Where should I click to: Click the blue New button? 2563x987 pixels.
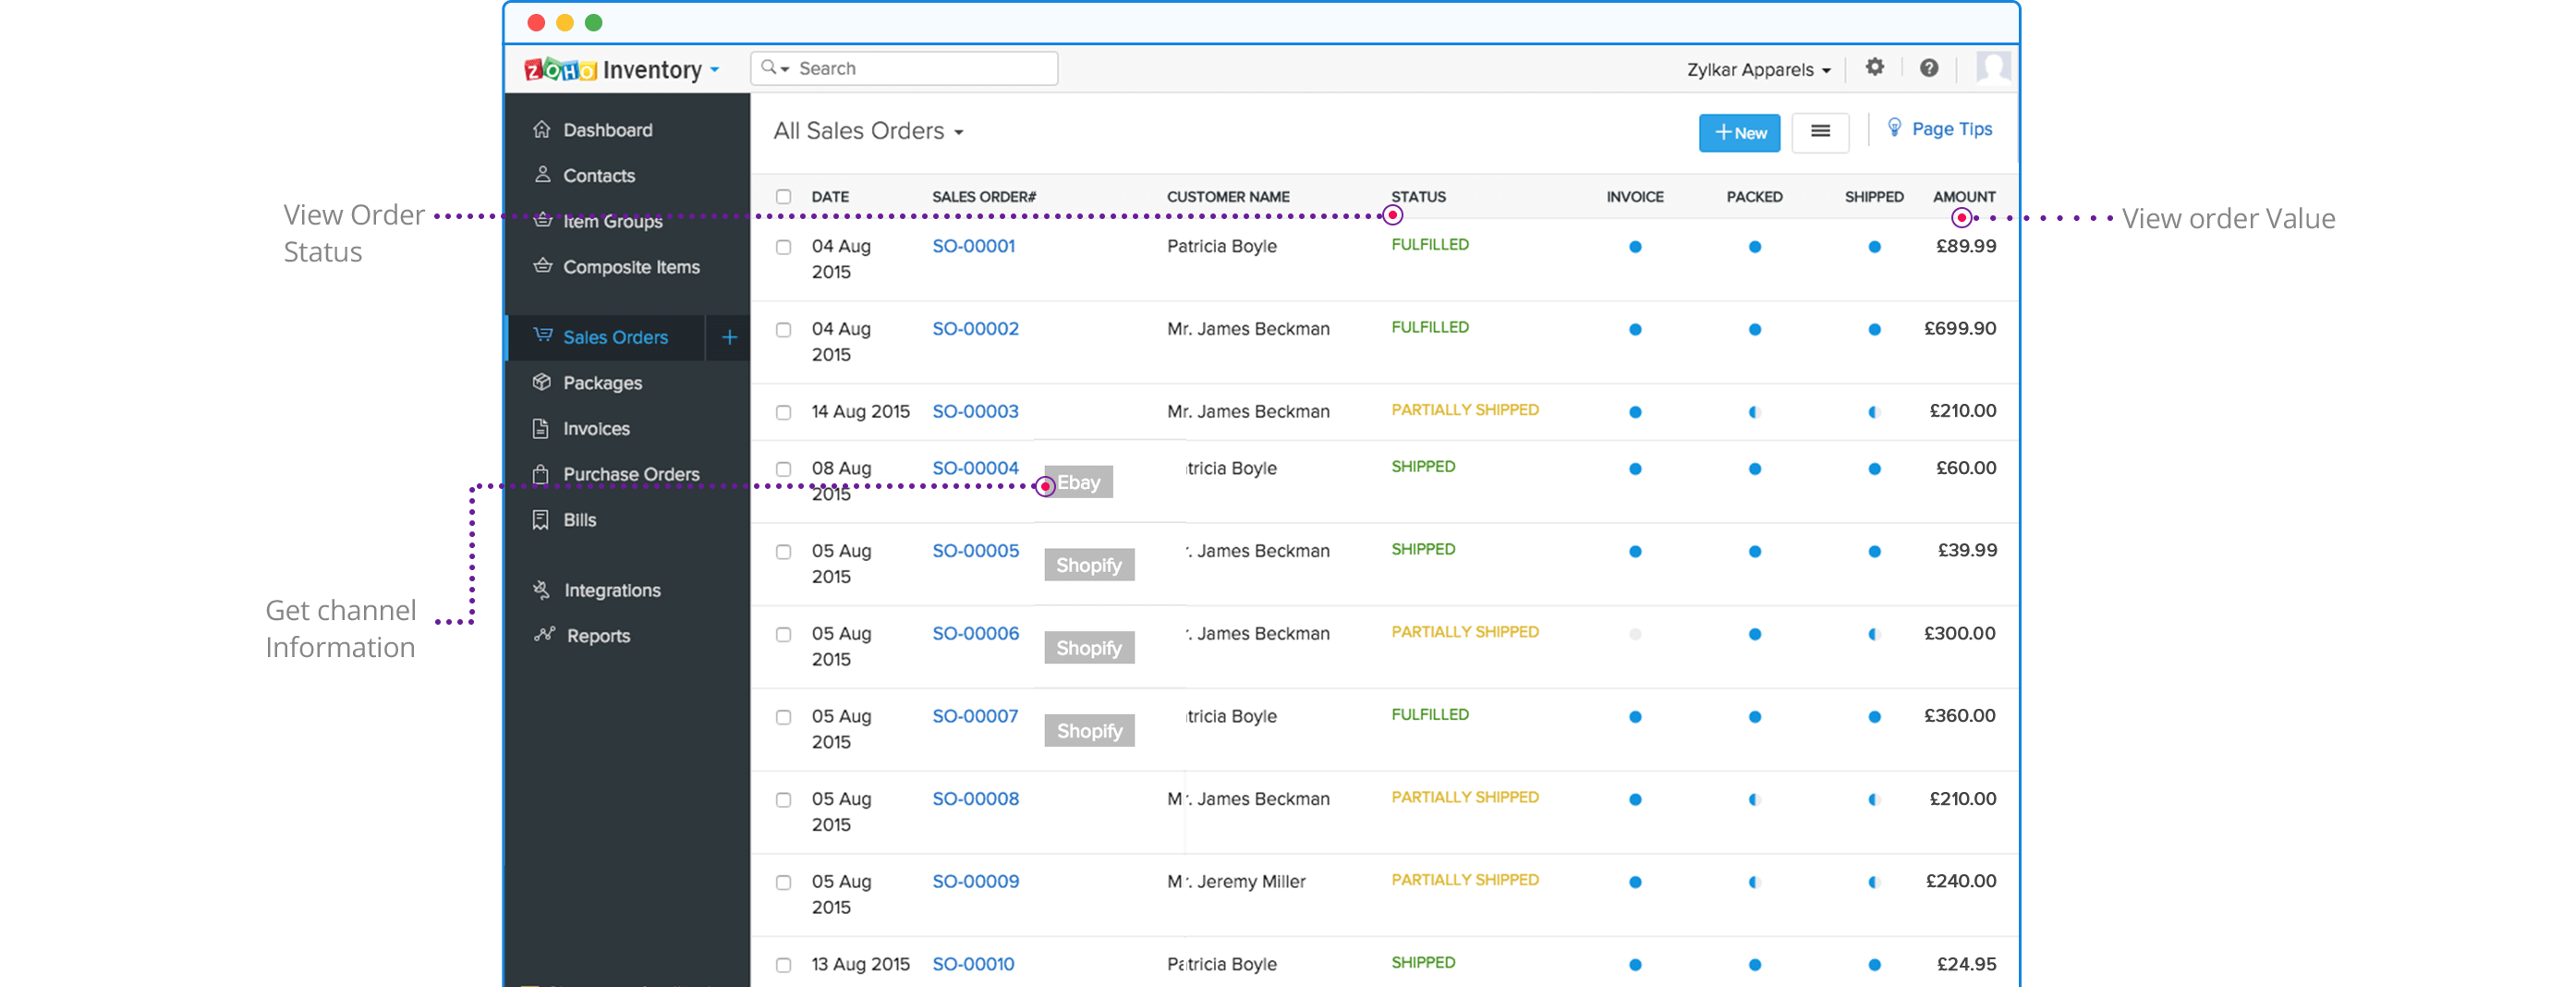(x=1738, y=132)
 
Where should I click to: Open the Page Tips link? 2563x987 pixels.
(x=1950, y=129)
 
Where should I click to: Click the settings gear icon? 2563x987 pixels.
(x=1875, y=67)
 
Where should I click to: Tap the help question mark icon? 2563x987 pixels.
(x=1928, y=67)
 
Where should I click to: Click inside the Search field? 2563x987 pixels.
(x=916, y=68)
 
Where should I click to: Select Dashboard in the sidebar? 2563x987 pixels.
(x=607, y=130)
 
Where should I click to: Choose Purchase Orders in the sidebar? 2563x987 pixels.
(x=631, y=475)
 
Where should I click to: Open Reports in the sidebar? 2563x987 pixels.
(x=598, y=636)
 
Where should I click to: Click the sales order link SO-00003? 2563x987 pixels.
(x=975, y=412)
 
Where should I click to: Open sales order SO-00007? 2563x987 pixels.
(x=975, y=716)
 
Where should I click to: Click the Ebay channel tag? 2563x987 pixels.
(x=1078, y=482)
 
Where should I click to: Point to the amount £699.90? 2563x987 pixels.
(x=1959, y=328)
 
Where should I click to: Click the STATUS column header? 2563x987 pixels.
(x=1418, y=197)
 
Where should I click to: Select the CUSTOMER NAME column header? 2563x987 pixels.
(x=1228, y=197)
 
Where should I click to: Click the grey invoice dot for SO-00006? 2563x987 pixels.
(x=1634, y=634)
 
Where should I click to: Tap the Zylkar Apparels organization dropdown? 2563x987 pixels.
(x=1757, y=69)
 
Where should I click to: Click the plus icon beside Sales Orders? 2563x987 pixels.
(x=729, y=337)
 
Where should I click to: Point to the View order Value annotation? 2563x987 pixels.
(x=2228, y=219)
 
